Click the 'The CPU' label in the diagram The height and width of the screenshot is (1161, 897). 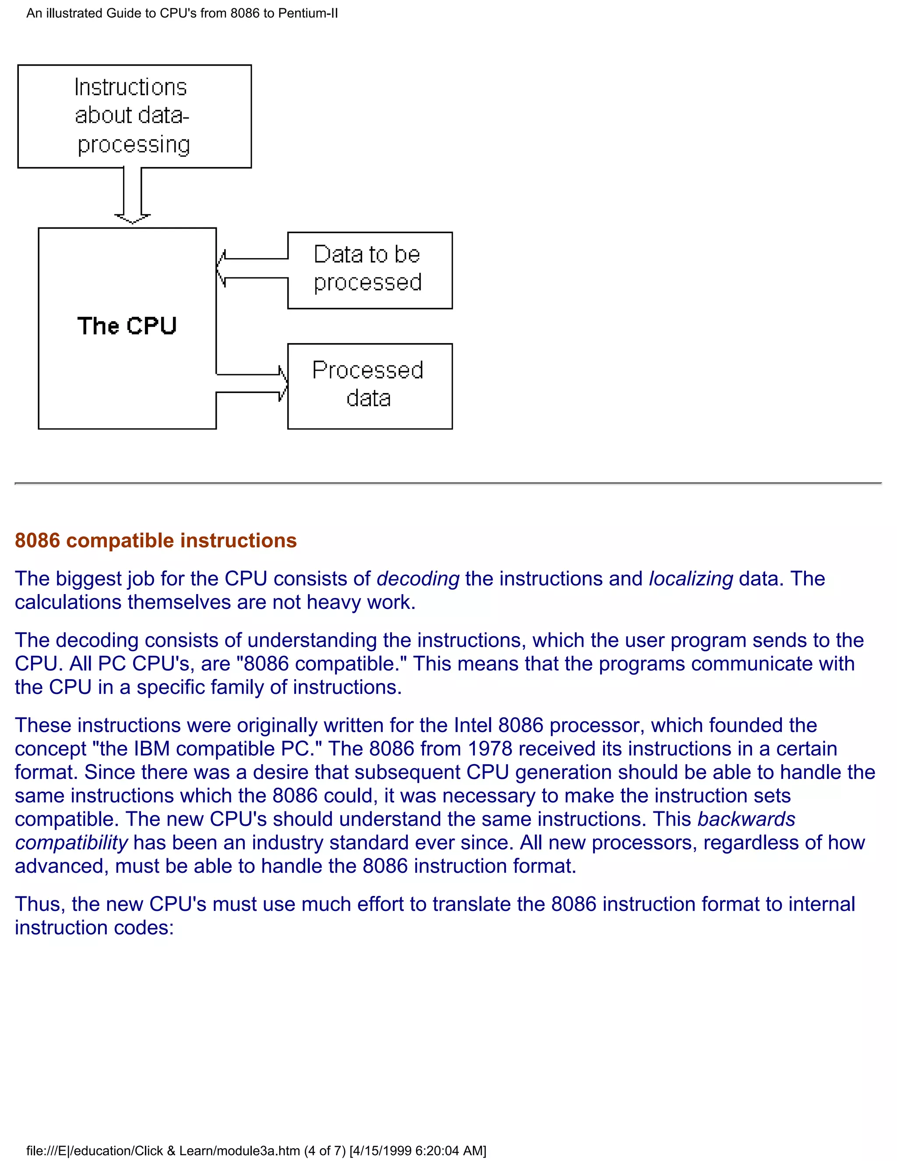tap(127, 326)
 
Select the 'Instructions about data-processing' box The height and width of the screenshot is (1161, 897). tap(134, 117)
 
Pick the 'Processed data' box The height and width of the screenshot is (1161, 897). tap(370, 386)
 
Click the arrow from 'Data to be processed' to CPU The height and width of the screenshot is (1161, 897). tap(252, 269)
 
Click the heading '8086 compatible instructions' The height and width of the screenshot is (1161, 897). tap(155, 540)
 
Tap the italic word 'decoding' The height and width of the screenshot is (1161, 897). tap(418, 578)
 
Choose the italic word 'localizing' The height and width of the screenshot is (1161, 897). tap(691, 578)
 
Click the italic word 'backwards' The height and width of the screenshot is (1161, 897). tap(746, 819)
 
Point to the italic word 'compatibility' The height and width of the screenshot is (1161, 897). tap(71, 842)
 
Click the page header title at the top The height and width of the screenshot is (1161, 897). tap(182, 13)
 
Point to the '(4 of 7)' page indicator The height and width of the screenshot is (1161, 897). tap(325, 1151)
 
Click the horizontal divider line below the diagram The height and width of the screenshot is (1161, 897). tap(448, 483)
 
